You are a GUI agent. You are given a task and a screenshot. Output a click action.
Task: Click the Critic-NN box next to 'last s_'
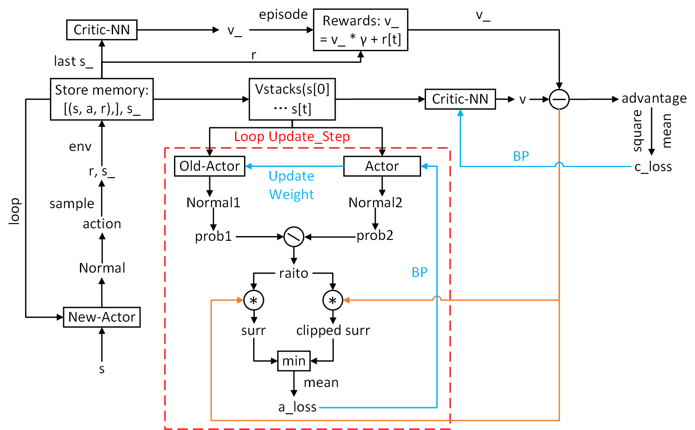[102, 30]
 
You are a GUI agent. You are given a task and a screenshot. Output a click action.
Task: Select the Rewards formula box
[361, 30]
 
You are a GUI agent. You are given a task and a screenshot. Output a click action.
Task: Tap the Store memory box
[102, 99]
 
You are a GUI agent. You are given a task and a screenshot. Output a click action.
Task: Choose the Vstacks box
[292, 99]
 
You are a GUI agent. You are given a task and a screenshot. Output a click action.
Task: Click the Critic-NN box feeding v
[460, 99]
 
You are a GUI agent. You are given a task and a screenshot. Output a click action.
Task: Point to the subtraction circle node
[559, 99]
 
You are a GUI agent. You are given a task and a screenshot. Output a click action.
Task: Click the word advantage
[654, 98]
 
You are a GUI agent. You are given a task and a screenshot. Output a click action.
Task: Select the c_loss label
[653, 166]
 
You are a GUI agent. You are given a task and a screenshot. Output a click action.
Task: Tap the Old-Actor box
[210, 166]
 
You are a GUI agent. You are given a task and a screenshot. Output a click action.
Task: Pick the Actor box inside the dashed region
[382, 166]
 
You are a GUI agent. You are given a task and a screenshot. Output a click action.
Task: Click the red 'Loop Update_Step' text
[292, 137]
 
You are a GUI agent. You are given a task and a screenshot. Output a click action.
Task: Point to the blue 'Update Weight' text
[291, 185]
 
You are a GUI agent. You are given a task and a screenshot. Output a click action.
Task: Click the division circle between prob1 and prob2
[294, 236]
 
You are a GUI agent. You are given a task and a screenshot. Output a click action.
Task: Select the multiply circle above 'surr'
[254, 300]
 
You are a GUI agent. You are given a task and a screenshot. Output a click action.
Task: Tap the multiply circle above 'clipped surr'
[333, 300]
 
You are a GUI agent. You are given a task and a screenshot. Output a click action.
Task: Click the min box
[294, 361]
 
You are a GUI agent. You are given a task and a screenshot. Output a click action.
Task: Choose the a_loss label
[297, 407]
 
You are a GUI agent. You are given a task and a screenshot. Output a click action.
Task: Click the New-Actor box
[102, 317]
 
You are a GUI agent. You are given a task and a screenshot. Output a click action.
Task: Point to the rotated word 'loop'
[14, 211]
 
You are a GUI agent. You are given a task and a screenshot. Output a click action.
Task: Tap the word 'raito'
[294, 273]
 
